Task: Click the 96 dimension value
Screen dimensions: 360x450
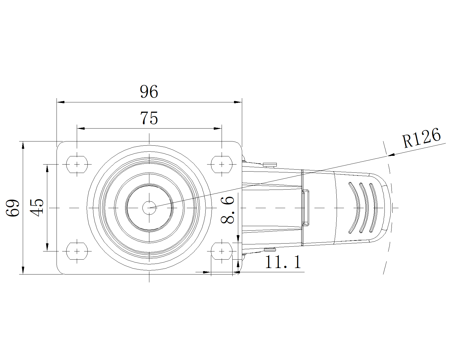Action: (149, 92)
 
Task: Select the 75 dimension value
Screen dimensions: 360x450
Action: (149, 118)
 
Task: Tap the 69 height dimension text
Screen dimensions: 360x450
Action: (13, 208)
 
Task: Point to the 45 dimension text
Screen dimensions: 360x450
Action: (37, 208)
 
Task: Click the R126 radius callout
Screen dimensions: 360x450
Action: (421, 138)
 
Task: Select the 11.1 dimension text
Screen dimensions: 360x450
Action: (283, 262)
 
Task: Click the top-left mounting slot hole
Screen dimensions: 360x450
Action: (77, 164)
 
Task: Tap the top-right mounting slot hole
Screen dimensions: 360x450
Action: (222, 164)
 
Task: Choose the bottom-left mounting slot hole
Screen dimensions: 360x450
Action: (77, 251)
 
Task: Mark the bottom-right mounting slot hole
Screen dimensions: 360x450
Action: (222, 251)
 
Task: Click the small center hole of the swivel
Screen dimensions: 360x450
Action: (149, 208)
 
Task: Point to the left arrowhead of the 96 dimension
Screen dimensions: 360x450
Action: (60, 102)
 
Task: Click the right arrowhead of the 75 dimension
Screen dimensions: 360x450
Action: (218, 129)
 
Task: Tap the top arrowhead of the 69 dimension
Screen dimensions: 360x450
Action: (23, 145)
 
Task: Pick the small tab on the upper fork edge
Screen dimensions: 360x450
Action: (270, 165)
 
